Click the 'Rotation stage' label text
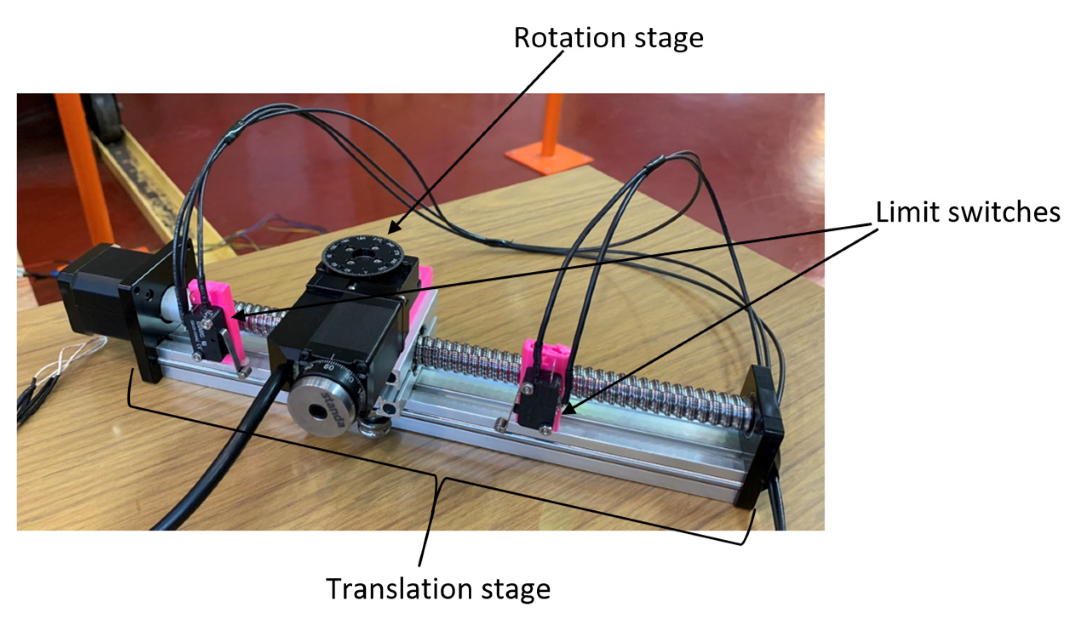tap(608, 38)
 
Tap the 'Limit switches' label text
tap(968, 212)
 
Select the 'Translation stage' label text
tap(438, 589)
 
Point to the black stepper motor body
tap(92, 294)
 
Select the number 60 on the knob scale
tap(329, 366)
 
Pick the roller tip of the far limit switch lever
tap(499, 426)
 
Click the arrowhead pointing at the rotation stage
tap(392, 230)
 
